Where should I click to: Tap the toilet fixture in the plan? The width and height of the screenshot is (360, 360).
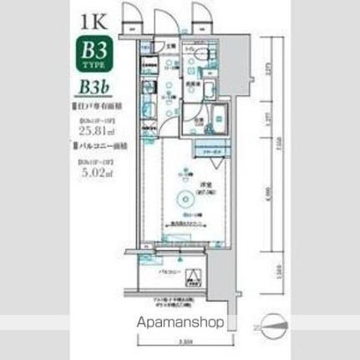click(x=206, y=61)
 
